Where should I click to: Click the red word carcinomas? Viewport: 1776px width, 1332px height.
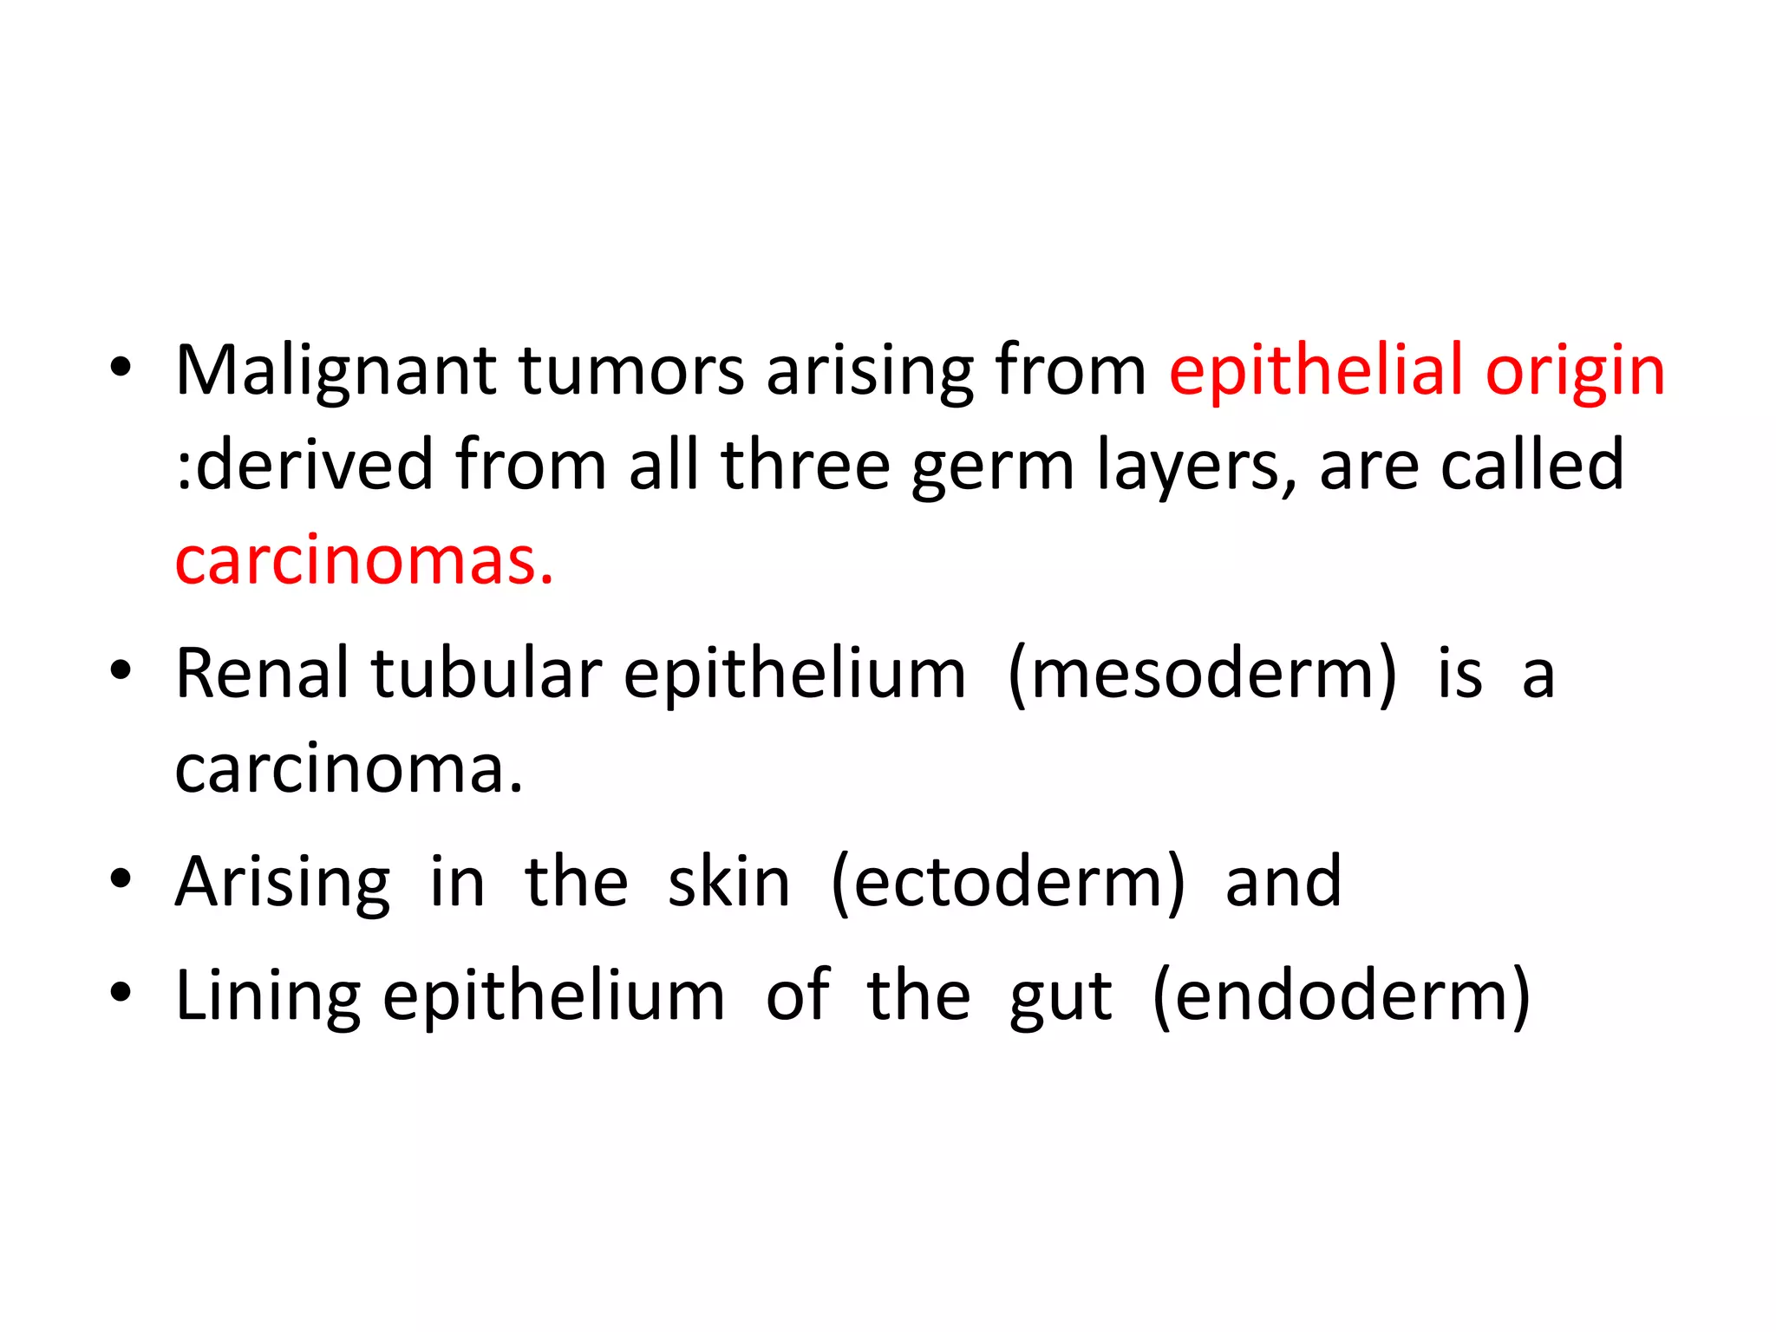pyautogui.click(x=364, y=561)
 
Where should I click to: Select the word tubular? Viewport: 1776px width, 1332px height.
pyautogui.click(x=486, y=674)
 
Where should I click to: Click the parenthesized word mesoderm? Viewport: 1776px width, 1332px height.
pyautogui.click(x=1203, y=674)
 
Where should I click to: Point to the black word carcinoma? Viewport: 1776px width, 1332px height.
pyautogui.click(x=349, y=769)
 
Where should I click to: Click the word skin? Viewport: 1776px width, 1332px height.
pyautogui.click(x=728, y=883)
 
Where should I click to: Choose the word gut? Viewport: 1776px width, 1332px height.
pyautogui.click(x=1061, y=997)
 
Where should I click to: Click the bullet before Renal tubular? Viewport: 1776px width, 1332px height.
pyautogui.click(x=121, y=670)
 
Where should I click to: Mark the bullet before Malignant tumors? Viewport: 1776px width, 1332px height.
pyautogui.click(x=121, y=368)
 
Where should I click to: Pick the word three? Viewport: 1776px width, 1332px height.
pyautogui.click(x=805, y=467)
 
